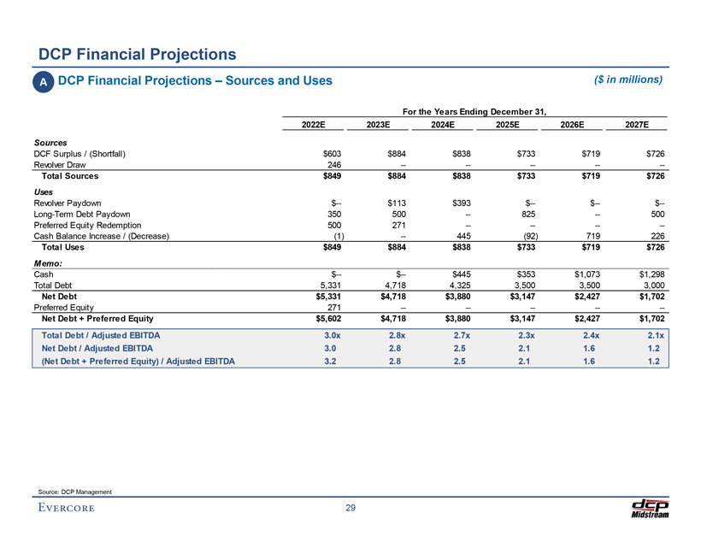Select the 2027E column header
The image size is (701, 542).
click(x=635, y=125)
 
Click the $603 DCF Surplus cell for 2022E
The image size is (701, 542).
click(x=333, y=153)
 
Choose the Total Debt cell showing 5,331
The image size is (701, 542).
click(x=329, y=285)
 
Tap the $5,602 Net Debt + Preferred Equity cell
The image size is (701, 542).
click(x=327, y=321)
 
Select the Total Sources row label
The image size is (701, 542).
click(x=65, y=176)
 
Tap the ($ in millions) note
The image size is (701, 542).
click(x=628, y=80)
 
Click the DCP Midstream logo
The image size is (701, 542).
click(x=651, y=507)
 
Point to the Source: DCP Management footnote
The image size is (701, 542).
click(x=75, y=490)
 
